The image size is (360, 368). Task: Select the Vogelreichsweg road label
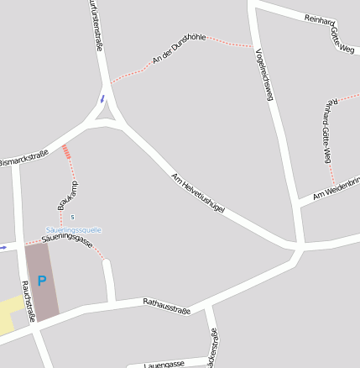(263, 76)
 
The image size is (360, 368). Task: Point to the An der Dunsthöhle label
(179, 49)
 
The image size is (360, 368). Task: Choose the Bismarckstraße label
(23, 157)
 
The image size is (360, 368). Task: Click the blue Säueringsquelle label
(74, 229)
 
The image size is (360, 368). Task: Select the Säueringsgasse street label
(67, 240)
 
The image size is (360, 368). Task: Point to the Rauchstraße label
(29, 301)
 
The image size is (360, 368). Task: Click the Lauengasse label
(164, 365)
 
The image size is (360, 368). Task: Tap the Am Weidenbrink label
(337, 189)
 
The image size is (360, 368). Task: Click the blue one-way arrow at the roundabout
(103, 98)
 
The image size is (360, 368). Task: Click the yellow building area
(11, 314)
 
